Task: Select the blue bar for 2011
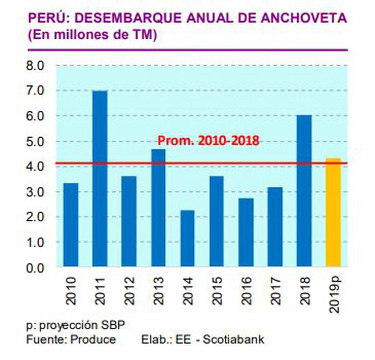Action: point(100,178)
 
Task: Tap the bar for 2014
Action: point(187,238)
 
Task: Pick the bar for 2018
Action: point(304,190)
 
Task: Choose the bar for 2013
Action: point(158,208)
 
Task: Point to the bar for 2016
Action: point(246,232)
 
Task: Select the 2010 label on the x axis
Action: point(71,291)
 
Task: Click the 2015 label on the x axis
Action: point(217,291)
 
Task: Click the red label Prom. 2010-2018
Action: point(209,141)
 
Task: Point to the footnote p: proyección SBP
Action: point(75,326)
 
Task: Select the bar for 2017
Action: point(275,227)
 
